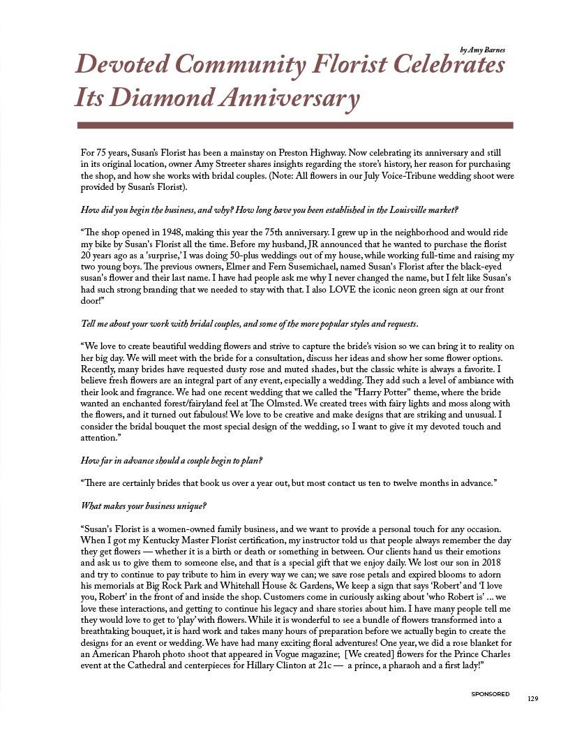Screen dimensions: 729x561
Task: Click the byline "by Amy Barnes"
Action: click(x=482, y=50)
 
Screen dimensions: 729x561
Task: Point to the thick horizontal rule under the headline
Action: click(x=294, y=126)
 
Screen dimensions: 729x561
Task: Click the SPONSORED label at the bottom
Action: click(x=490, y=695)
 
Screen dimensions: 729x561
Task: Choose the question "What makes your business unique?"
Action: click(x=144, y=506)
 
